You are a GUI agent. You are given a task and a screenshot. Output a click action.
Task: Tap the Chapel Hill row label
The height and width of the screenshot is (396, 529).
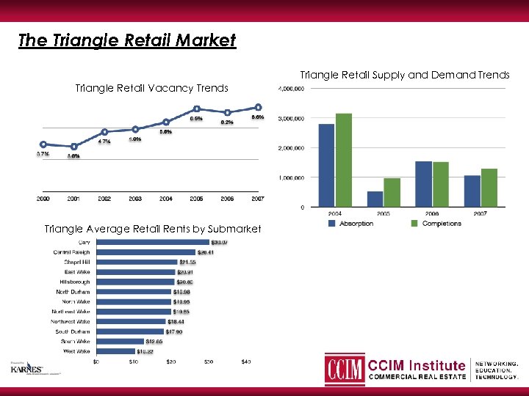click(76, 262)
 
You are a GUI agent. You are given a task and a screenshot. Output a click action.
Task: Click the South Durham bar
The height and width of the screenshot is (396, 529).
click(130, 331)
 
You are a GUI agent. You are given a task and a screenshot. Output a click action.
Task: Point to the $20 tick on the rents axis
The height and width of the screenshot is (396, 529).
click(171, 362)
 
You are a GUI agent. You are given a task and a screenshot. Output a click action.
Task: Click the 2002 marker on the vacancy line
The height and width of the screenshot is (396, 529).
click(105, 132)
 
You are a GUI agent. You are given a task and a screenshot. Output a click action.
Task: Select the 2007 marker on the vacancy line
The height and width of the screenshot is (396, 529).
click(258, 108)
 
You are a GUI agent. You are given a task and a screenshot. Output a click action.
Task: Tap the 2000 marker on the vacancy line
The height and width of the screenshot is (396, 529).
click(43, 144)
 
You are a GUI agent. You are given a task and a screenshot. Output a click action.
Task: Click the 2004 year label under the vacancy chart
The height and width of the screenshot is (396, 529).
click(166, 199)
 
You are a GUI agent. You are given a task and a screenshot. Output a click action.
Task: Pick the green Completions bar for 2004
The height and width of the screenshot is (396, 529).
click(343, 160)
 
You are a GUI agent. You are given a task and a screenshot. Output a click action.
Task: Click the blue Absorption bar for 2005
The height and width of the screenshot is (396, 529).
click(375, 199)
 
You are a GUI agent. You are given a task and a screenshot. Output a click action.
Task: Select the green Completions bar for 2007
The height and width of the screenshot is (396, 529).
click(489, 188)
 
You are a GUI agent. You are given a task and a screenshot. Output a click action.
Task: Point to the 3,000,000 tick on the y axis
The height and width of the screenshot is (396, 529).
click(292, 119)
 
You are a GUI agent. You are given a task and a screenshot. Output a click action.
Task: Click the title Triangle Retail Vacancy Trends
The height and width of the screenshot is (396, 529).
click(152, 88)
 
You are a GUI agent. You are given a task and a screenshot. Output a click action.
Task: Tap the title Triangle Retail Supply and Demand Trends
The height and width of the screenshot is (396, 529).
click(405, 75)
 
